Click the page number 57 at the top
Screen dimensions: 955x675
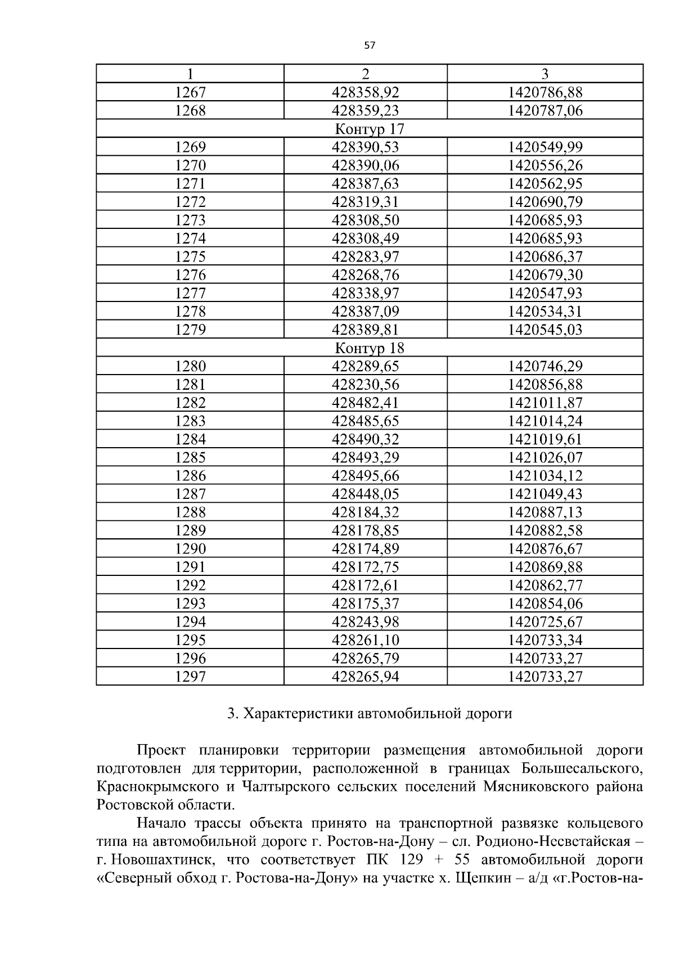[369, 46]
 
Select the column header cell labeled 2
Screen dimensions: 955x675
[366, 74]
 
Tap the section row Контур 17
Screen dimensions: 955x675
[370, 129]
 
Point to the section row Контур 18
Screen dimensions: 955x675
[370, 348]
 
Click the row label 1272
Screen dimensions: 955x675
[190, 202]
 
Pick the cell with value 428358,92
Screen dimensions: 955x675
[366, 92]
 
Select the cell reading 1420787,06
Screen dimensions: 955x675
[545, 110]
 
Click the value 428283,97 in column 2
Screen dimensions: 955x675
[366, 256]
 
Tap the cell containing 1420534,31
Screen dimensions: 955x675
[545, 312]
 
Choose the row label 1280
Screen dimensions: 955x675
[190, 366]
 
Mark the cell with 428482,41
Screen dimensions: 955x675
[366, 403]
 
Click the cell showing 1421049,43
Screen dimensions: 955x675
[545, 494]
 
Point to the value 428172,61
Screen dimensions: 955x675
[366, 585]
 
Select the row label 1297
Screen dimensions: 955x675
[190, 676]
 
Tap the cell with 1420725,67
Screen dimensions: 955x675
[545, 621]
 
